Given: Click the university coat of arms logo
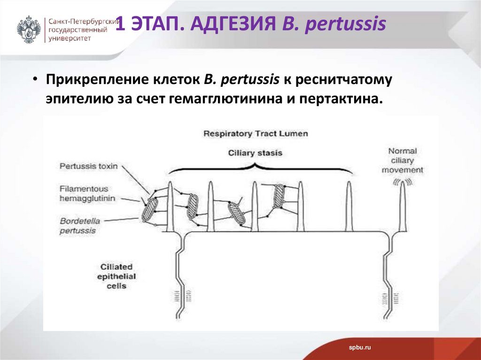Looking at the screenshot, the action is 29,30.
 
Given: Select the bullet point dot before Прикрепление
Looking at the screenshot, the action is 35,78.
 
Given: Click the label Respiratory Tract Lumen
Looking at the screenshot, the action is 256,134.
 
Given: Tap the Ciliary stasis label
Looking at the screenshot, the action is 255,153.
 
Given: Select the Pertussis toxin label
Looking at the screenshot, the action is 88,166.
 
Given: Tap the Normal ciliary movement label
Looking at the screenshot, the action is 402,160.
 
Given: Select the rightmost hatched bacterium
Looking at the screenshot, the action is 279,195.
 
